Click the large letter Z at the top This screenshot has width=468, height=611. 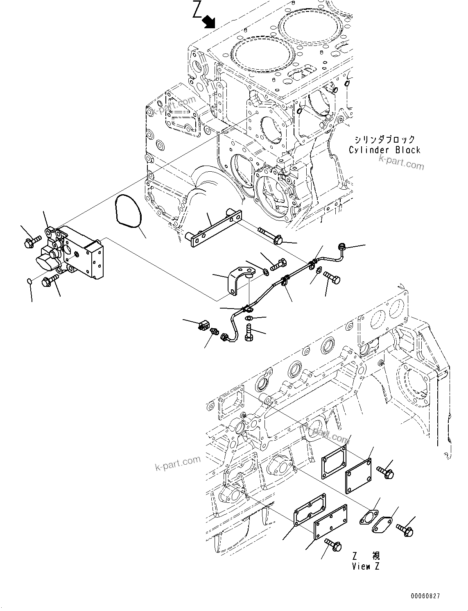click(197, 10)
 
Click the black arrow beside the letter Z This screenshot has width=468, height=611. click(210, 21)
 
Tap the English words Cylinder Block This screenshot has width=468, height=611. click(384, 150)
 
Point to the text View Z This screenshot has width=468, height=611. click(366, 566)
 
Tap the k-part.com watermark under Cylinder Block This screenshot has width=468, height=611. click(401, 163)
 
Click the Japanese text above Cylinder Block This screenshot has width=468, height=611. click(384, 140)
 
